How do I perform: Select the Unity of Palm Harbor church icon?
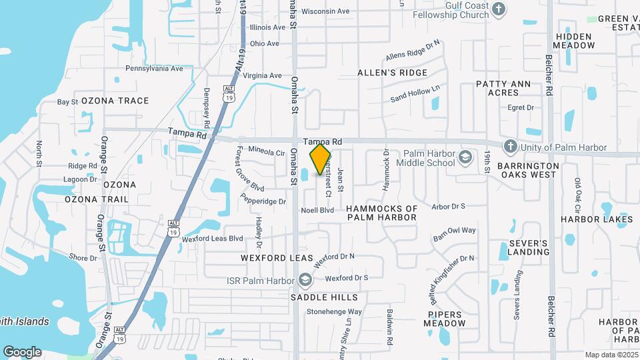pos(510,147)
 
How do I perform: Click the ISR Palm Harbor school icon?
pos(306,279)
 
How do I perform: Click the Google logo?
pos(22,351)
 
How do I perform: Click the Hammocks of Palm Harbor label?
pos(382,213)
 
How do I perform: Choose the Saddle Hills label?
pos(325,297)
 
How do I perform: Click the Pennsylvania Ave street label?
pos(154,69)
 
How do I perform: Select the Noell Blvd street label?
pos(317,210)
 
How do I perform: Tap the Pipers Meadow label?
pos(445,318)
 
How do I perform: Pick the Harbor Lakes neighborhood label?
pos(597,219)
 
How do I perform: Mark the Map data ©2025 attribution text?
pos(610,354)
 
